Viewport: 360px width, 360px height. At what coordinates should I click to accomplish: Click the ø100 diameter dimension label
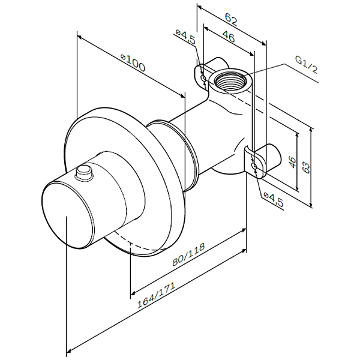pos(133,62)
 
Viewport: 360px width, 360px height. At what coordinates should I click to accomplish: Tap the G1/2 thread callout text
pos(306,64)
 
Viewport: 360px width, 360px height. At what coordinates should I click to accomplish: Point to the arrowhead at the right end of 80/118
pos(244,230)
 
